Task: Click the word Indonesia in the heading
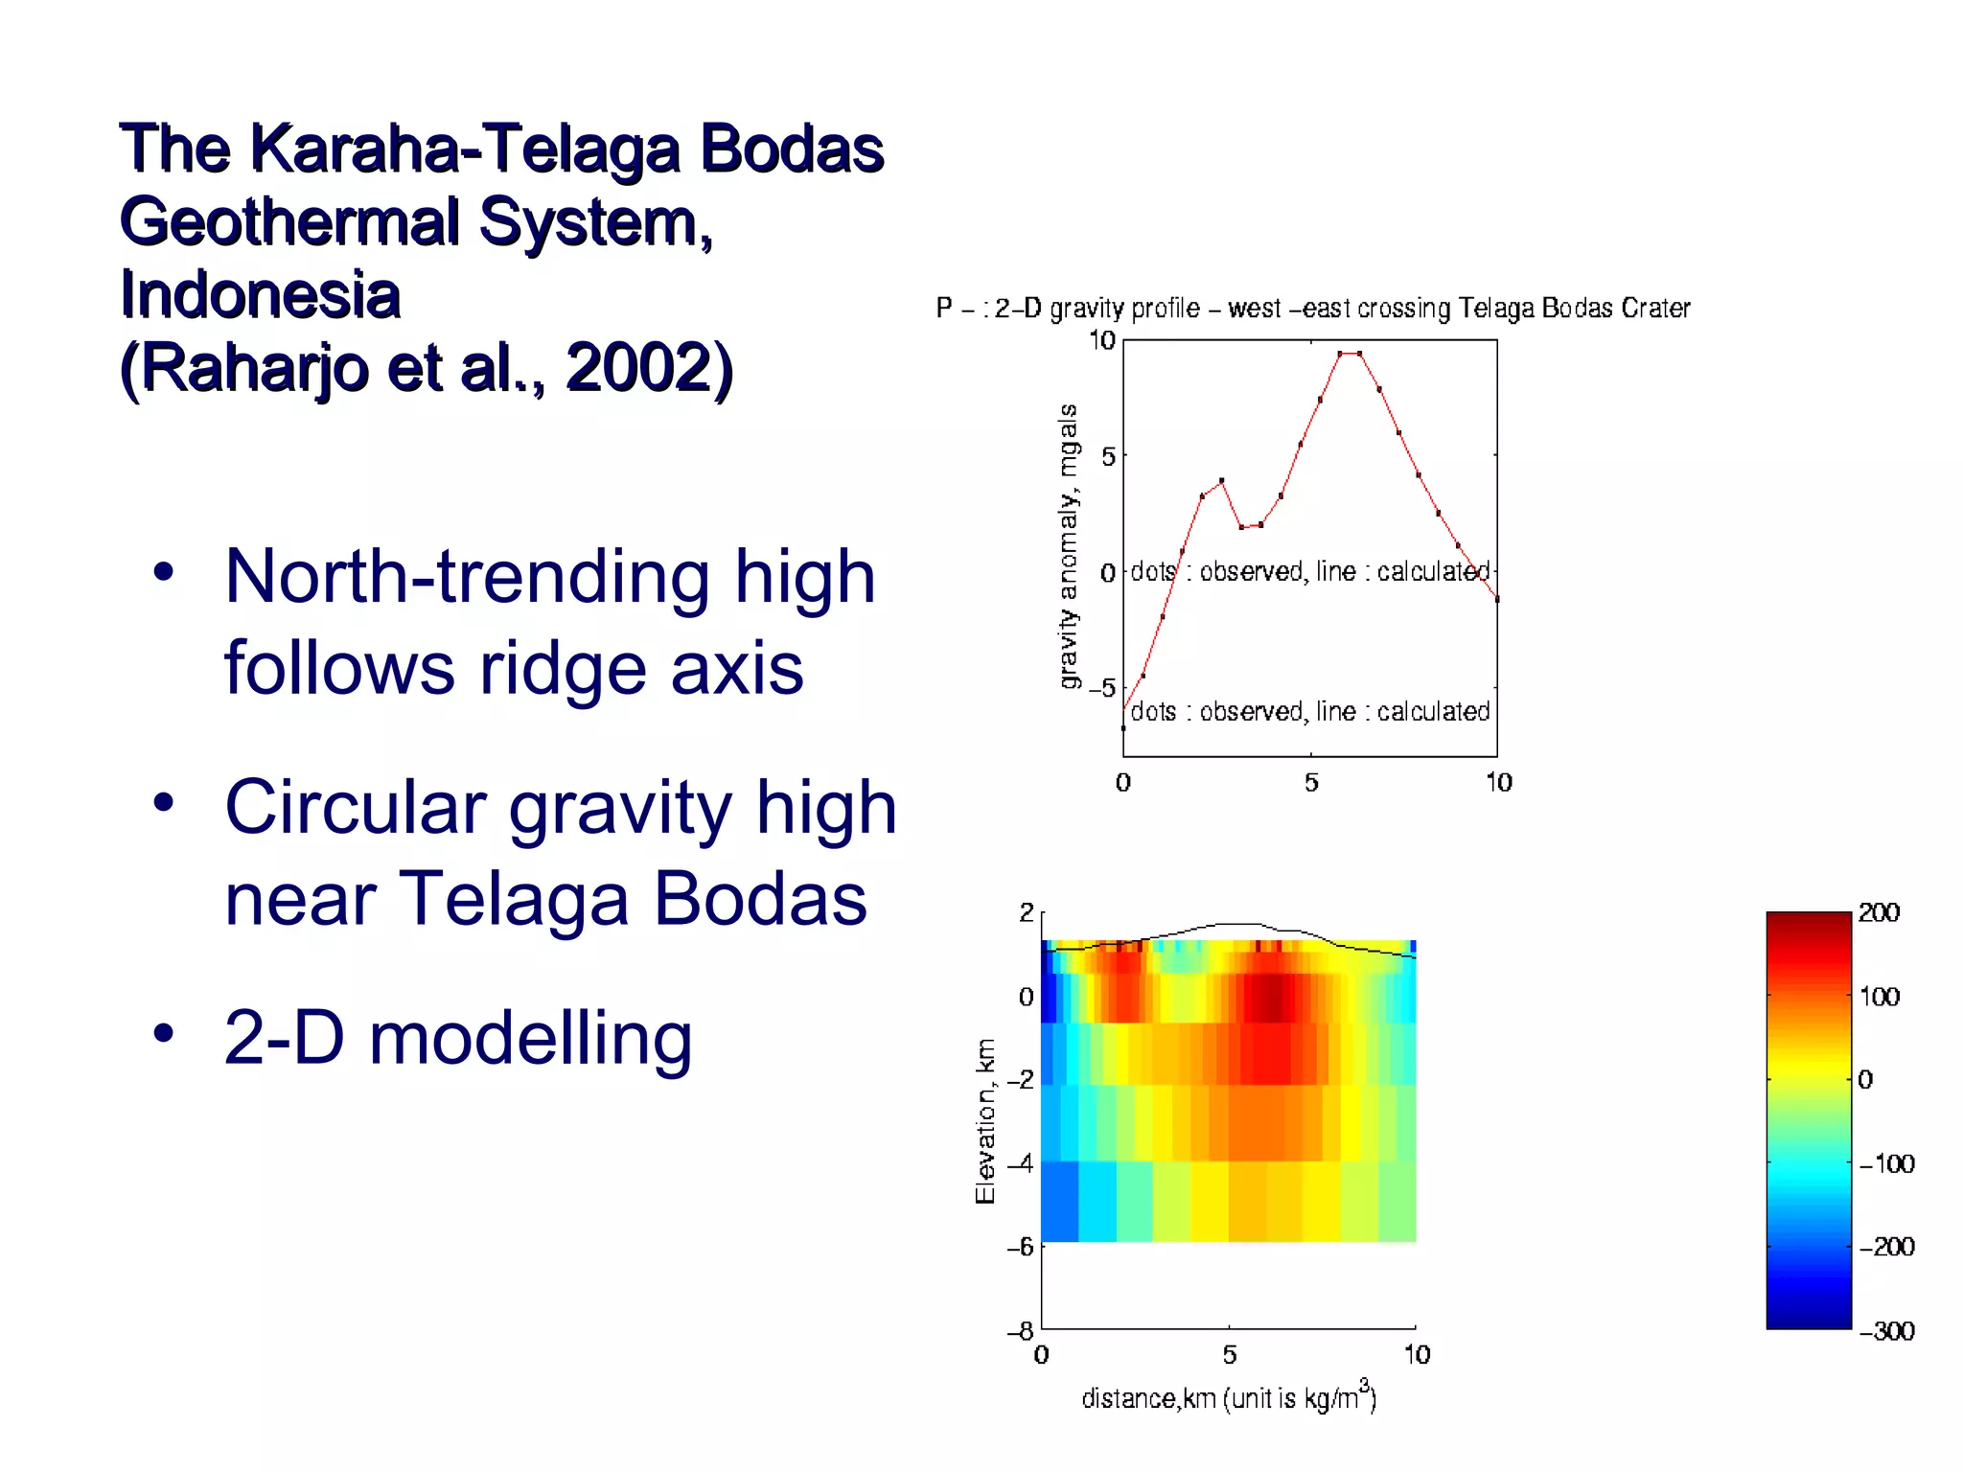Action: (260, 294)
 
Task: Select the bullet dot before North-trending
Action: (164, 572)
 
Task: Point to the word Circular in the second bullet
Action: (356, 807)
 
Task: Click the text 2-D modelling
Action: (457, 1038)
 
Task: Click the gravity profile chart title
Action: (1312, 309)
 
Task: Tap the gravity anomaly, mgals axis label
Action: (1068, 545)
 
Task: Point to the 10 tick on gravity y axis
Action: (1101, 340)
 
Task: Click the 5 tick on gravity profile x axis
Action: (1311, 783)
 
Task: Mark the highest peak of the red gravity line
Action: (1350, 354)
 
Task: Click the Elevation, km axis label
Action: (985, 1120)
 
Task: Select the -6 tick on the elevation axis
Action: (1020, 1247)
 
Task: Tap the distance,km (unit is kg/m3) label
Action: (1229, 1397)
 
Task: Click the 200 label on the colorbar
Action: (1879, 912)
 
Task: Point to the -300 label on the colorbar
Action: (1886, 1331)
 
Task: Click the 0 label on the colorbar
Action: (1865, 1080)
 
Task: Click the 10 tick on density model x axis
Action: (1417, 1355)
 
